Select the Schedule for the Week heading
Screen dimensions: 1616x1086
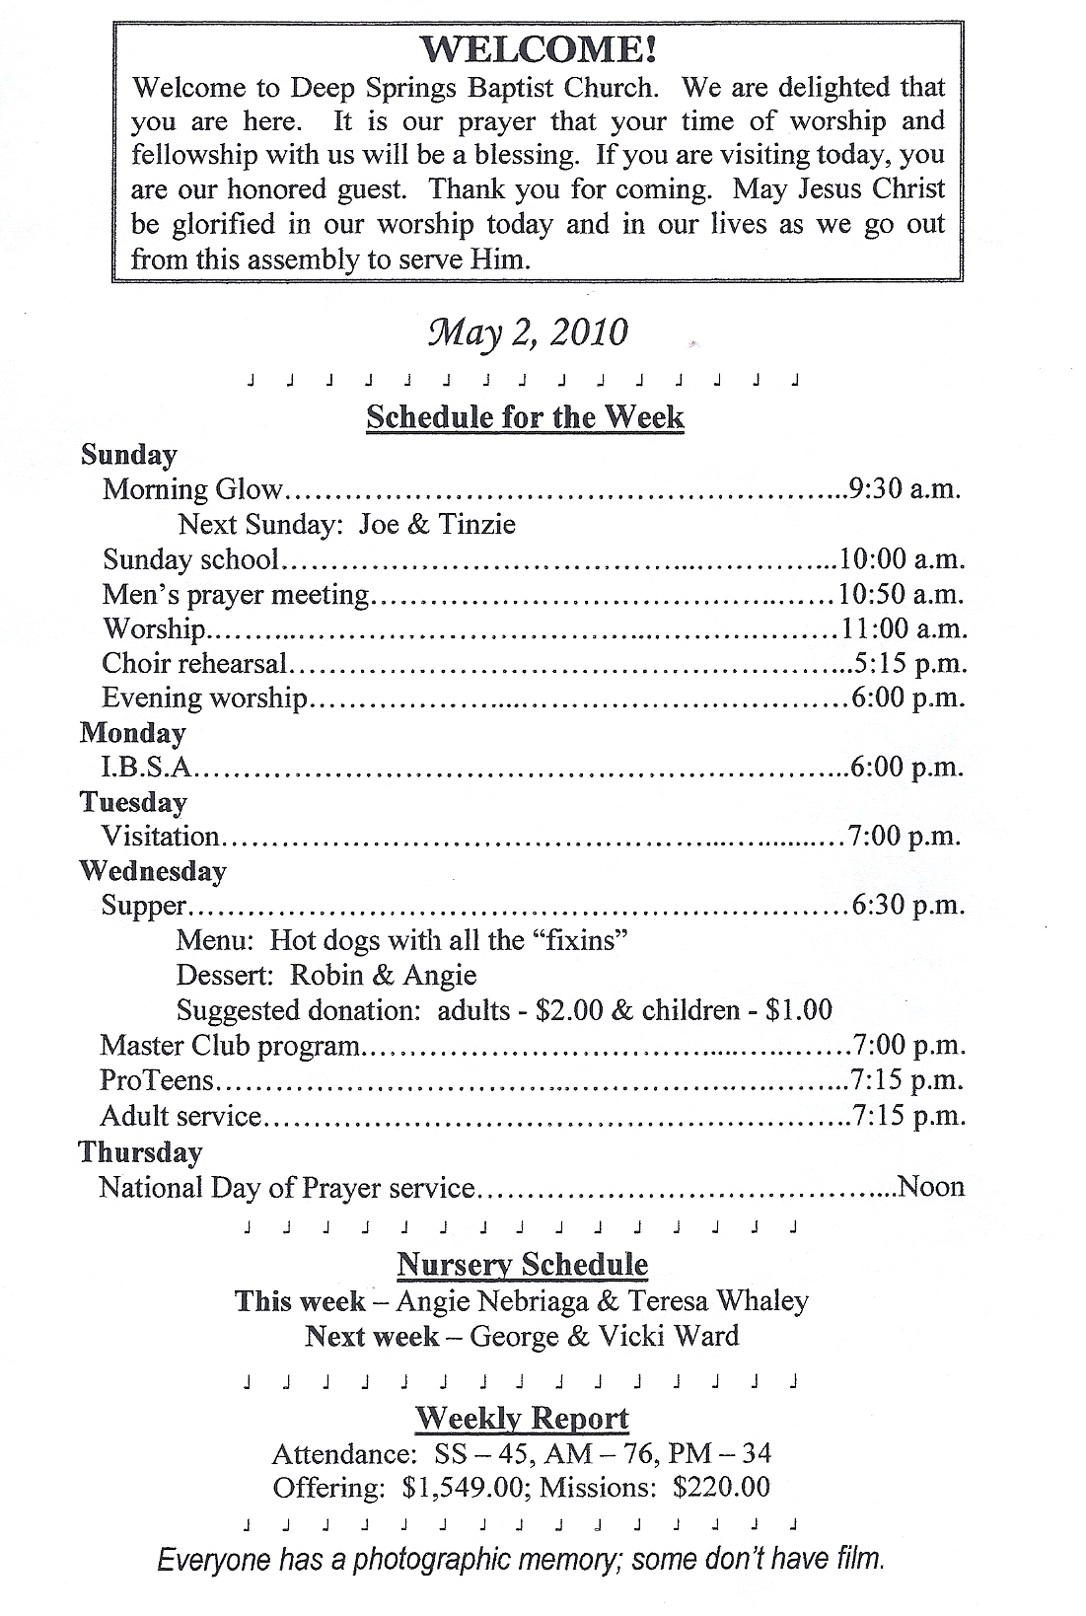(525, 417)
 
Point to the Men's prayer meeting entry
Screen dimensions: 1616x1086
(236, 595)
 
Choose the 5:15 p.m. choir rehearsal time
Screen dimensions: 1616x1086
(910, 664)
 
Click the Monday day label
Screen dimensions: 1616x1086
(132, 733)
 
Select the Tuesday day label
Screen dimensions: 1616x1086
(133, 802)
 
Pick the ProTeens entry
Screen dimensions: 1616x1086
(157, 1080)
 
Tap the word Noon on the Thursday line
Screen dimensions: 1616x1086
(932, 1187)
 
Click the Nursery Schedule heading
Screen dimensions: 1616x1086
(523, 1265)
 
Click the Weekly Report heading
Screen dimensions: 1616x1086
(522, 1419)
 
